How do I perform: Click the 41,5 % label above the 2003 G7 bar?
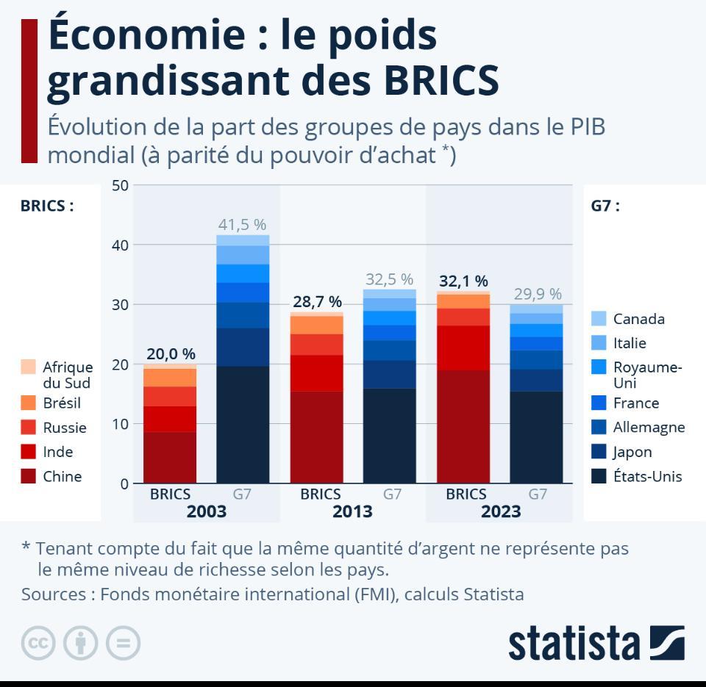click(x=242, y=225)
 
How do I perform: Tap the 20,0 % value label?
click(x=170, y=354)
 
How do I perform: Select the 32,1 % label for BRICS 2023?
click(x=463, y=281)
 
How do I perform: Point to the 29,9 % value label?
click(x=537, y=294)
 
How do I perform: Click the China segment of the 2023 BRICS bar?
click(x=463, y=426)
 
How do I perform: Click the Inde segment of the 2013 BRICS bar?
click(x=316, y=373)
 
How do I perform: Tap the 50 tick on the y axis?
click(x=120, y=185)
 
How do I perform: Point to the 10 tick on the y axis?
click(x=120, y=424)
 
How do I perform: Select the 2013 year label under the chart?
click(x=352, y=511)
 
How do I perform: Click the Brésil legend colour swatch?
click(x=28, y=403)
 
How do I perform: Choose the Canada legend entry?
click(x=638, y=319)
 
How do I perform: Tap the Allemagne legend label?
click(x=649, y=427)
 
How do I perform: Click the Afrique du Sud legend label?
click(x=68, y=375)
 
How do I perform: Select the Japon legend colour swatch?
click(x=599, y=452)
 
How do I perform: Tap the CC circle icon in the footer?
click(x=38, y=644)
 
